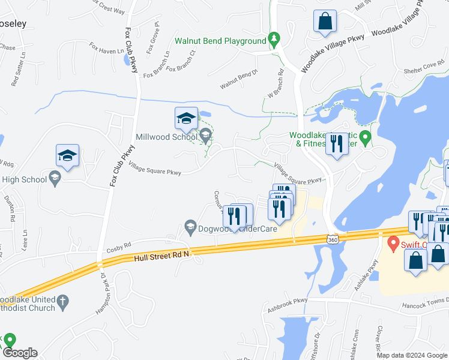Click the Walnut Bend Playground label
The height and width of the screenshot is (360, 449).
pyautogui.click(x=220, y=41)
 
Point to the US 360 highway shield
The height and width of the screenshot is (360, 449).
pyautogui.click(x=333, y=239)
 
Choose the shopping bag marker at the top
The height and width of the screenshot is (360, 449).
pyautogui.click(x=325, y=22)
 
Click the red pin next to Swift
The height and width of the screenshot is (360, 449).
pyautogui.click(x=393, y=244)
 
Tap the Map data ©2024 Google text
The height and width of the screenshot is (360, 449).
pyautogui.click(x=412, y=355)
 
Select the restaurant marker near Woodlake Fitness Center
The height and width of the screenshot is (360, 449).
pyautogui.click(x=336, y=144)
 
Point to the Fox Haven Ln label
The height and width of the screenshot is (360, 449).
pyautogui.click(x=106, y=48)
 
